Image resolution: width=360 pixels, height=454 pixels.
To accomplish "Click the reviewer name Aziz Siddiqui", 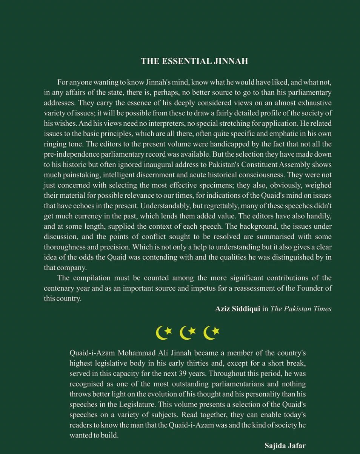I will click(x=237, y=309).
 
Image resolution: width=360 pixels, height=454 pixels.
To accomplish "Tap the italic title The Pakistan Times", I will click(x=301, y=309).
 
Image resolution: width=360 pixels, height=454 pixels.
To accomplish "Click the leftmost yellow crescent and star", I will click(x=164, y=332).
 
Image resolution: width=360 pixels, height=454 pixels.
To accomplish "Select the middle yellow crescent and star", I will click(x=188, y=332).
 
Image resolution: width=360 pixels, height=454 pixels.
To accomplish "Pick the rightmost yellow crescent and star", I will click(x=211, y=332).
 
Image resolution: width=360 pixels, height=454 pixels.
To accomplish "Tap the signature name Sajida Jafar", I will click(x=285, y=446).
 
